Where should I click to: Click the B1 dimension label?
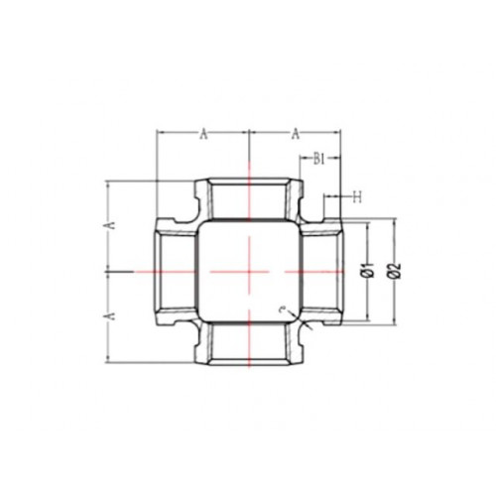coord(319,160)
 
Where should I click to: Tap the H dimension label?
coord(357,197)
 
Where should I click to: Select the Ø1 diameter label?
coord(370,270)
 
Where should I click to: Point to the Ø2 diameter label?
coord(396,271)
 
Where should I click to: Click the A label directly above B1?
coord(296,135)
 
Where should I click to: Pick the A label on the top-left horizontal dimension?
coord(204,135)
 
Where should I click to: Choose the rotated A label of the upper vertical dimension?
coord(111,225)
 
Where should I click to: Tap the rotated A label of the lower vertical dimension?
coord(111,315)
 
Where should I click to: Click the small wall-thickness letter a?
coord(282,310)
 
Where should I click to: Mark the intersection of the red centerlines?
coord(249,272)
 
